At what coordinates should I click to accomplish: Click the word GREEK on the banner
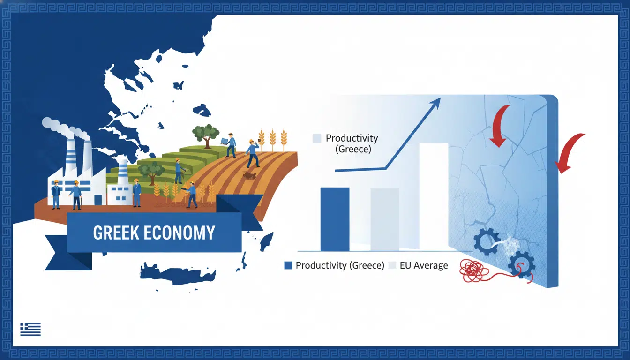point(116,232)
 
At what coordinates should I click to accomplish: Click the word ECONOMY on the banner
point(180,232)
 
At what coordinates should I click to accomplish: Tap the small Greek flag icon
point(30,329)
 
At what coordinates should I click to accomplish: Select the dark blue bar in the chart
point(335,219)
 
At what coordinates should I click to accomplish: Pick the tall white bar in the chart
point(434,196)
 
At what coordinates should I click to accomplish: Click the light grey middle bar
point(385,219)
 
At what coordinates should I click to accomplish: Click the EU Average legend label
point(424,265)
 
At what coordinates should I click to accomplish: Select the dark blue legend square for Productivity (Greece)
point(288,265)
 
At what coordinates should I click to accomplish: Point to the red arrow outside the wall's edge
point(568,152)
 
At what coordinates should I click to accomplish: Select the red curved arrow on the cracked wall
point(500,125)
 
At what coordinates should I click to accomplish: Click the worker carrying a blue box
point(230,145)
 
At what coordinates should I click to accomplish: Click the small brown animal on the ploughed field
point(250,175)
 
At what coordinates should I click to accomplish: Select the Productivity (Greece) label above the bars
point(352,143)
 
